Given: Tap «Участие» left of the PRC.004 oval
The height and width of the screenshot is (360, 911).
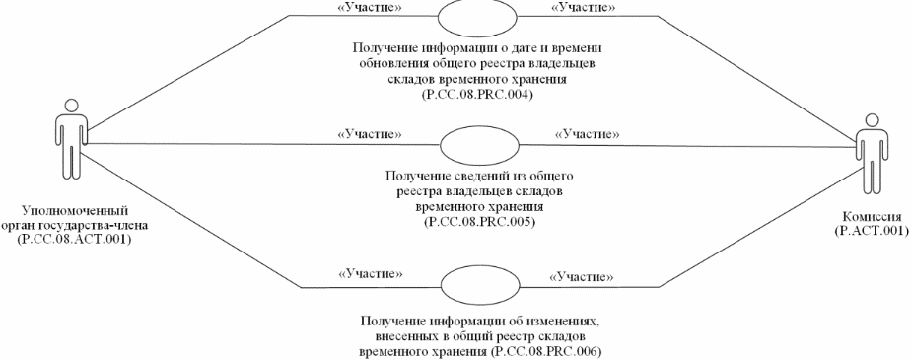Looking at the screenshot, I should click(357, 8).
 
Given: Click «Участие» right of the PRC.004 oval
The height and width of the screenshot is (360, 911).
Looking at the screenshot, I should click(582, 8).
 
